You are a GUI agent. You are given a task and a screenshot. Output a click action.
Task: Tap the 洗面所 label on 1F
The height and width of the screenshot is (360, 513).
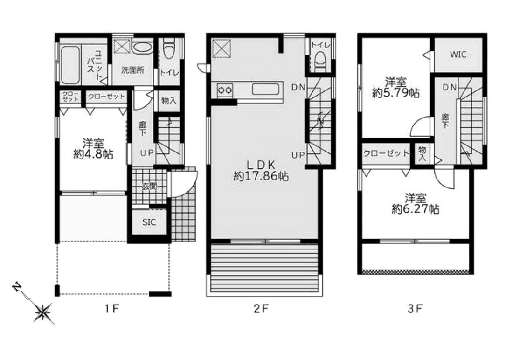tap(132, 70)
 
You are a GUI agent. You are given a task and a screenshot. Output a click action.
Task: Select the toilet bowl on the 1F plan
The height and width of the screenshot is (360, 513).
tap(169, 49)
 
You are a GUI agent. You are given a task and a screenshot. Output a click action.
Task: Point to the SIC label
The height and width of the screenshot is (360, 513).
tap(149, 222)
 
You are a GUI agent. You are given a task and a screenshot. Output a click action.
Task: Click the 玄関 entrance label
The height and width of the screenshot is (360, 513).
tap(149, 187)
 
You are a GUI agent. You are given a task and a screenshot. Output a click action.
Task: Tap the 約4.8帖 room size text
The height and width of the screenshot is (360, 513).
tap(94, 154)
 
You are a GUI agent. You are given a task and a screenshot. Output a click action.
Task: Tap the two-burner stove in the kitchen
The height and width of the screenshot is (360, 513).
tap(225, 90)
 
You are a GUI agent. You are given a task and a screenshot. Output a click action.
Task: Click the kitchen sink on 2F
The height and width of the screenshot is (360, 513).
tap(265, 90)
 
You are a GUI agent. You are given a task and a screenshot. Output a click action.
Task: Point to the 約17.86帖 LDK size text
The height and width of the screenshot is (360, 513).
tap(261, 176)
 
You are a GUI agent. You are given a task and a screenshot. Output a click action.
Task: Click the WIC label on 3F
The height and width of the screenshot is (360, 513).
tap(458, 55)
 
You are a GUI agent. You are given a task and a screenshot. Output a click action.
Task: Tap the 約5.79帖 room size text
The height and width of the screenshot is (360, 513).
tap(396, 93)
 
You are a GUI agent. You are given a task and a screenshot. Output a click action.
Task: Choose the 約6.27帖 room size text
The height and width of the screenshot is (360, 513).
tap(416, 209)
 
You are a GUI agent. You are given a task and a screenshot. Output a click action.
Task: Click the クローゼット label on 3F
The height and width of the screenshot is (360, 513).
tap(386, 153)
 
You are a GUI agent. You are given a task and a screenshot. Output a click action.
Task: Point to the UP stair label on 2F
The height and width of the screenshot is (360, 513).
tap(298, 155)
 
